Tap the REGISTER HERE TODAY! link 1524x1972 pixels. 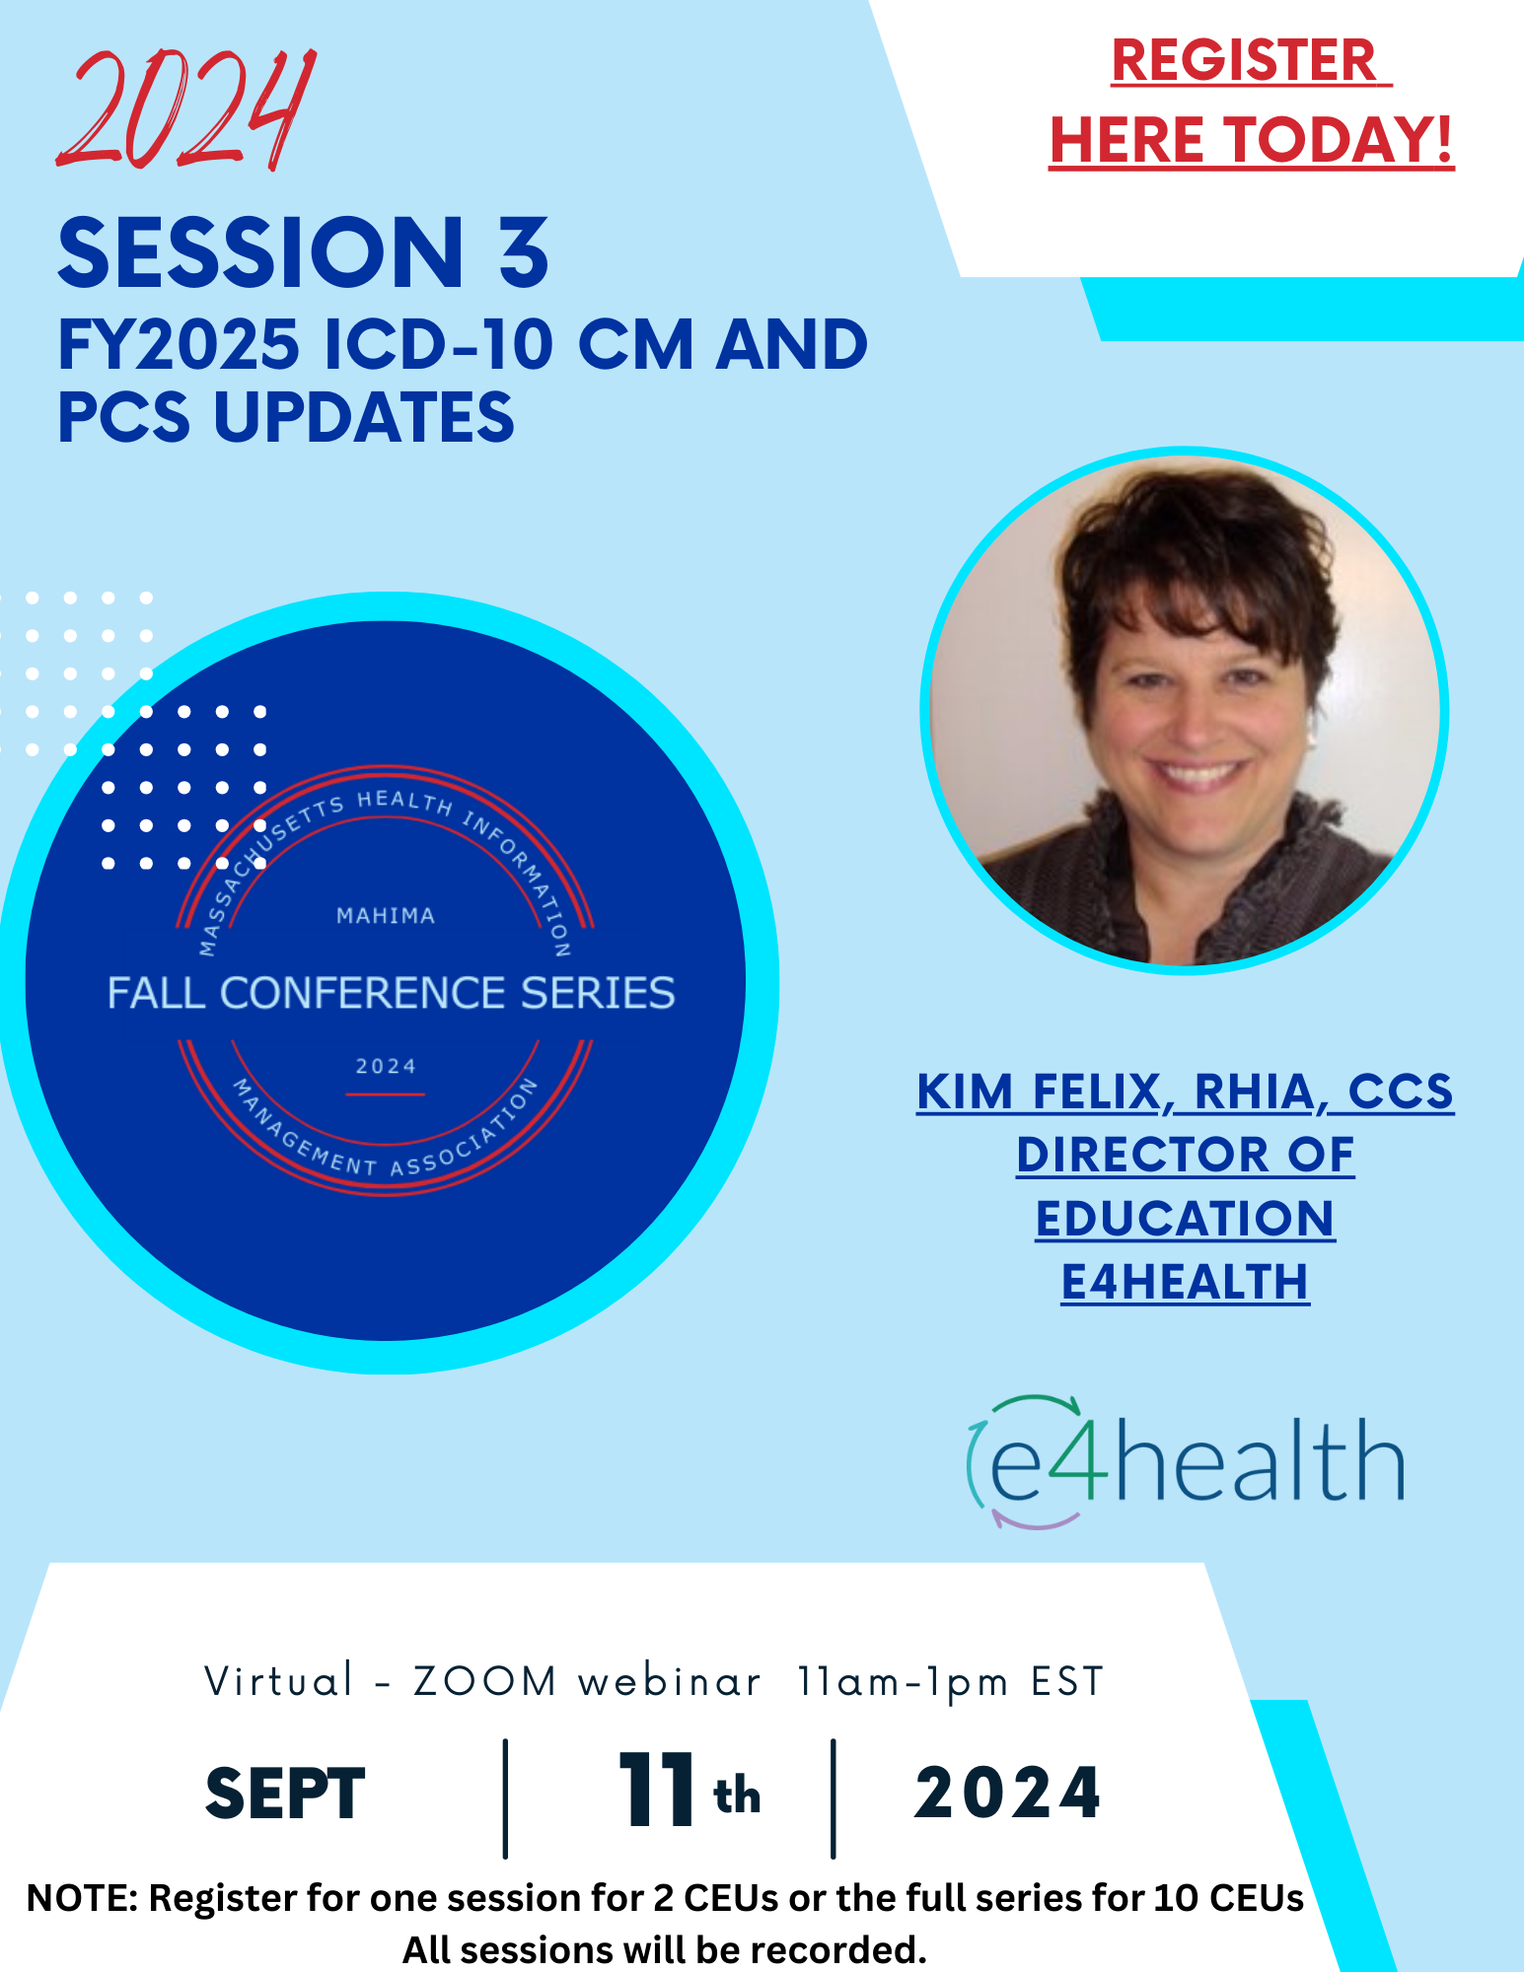[x=1251, y=101]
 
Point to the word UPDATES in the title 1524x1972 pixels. [x=364, y=416]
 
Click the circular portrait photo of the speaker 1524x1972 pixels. [x=1184, y=710]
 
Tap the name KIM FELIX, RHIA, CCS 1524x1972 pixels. [x=1185, y=1092]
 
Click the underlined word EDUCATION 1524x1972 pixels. [x=1185, y=1219]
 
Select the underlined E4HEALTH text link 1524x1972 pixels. [x=1185, y=1282]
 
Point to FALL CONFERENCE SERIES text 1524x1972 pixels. [x=391, y=993]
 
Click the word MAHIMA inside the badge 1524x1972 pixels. [x=386, y=916]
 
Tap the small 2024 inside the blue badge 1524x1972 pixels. [x=386, y=1066]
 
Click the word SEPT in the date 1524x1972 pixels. [x=285, y=1794]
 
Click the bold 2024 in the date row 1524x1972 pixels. [x=1007, y=1793]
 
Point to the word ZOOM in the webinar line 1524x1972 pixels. [x=485, y=1682]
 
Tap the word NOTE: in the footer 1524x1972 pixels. [x=83, y=1898]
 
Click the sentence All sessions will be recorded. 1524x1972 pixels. [x=664, y=1949]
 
